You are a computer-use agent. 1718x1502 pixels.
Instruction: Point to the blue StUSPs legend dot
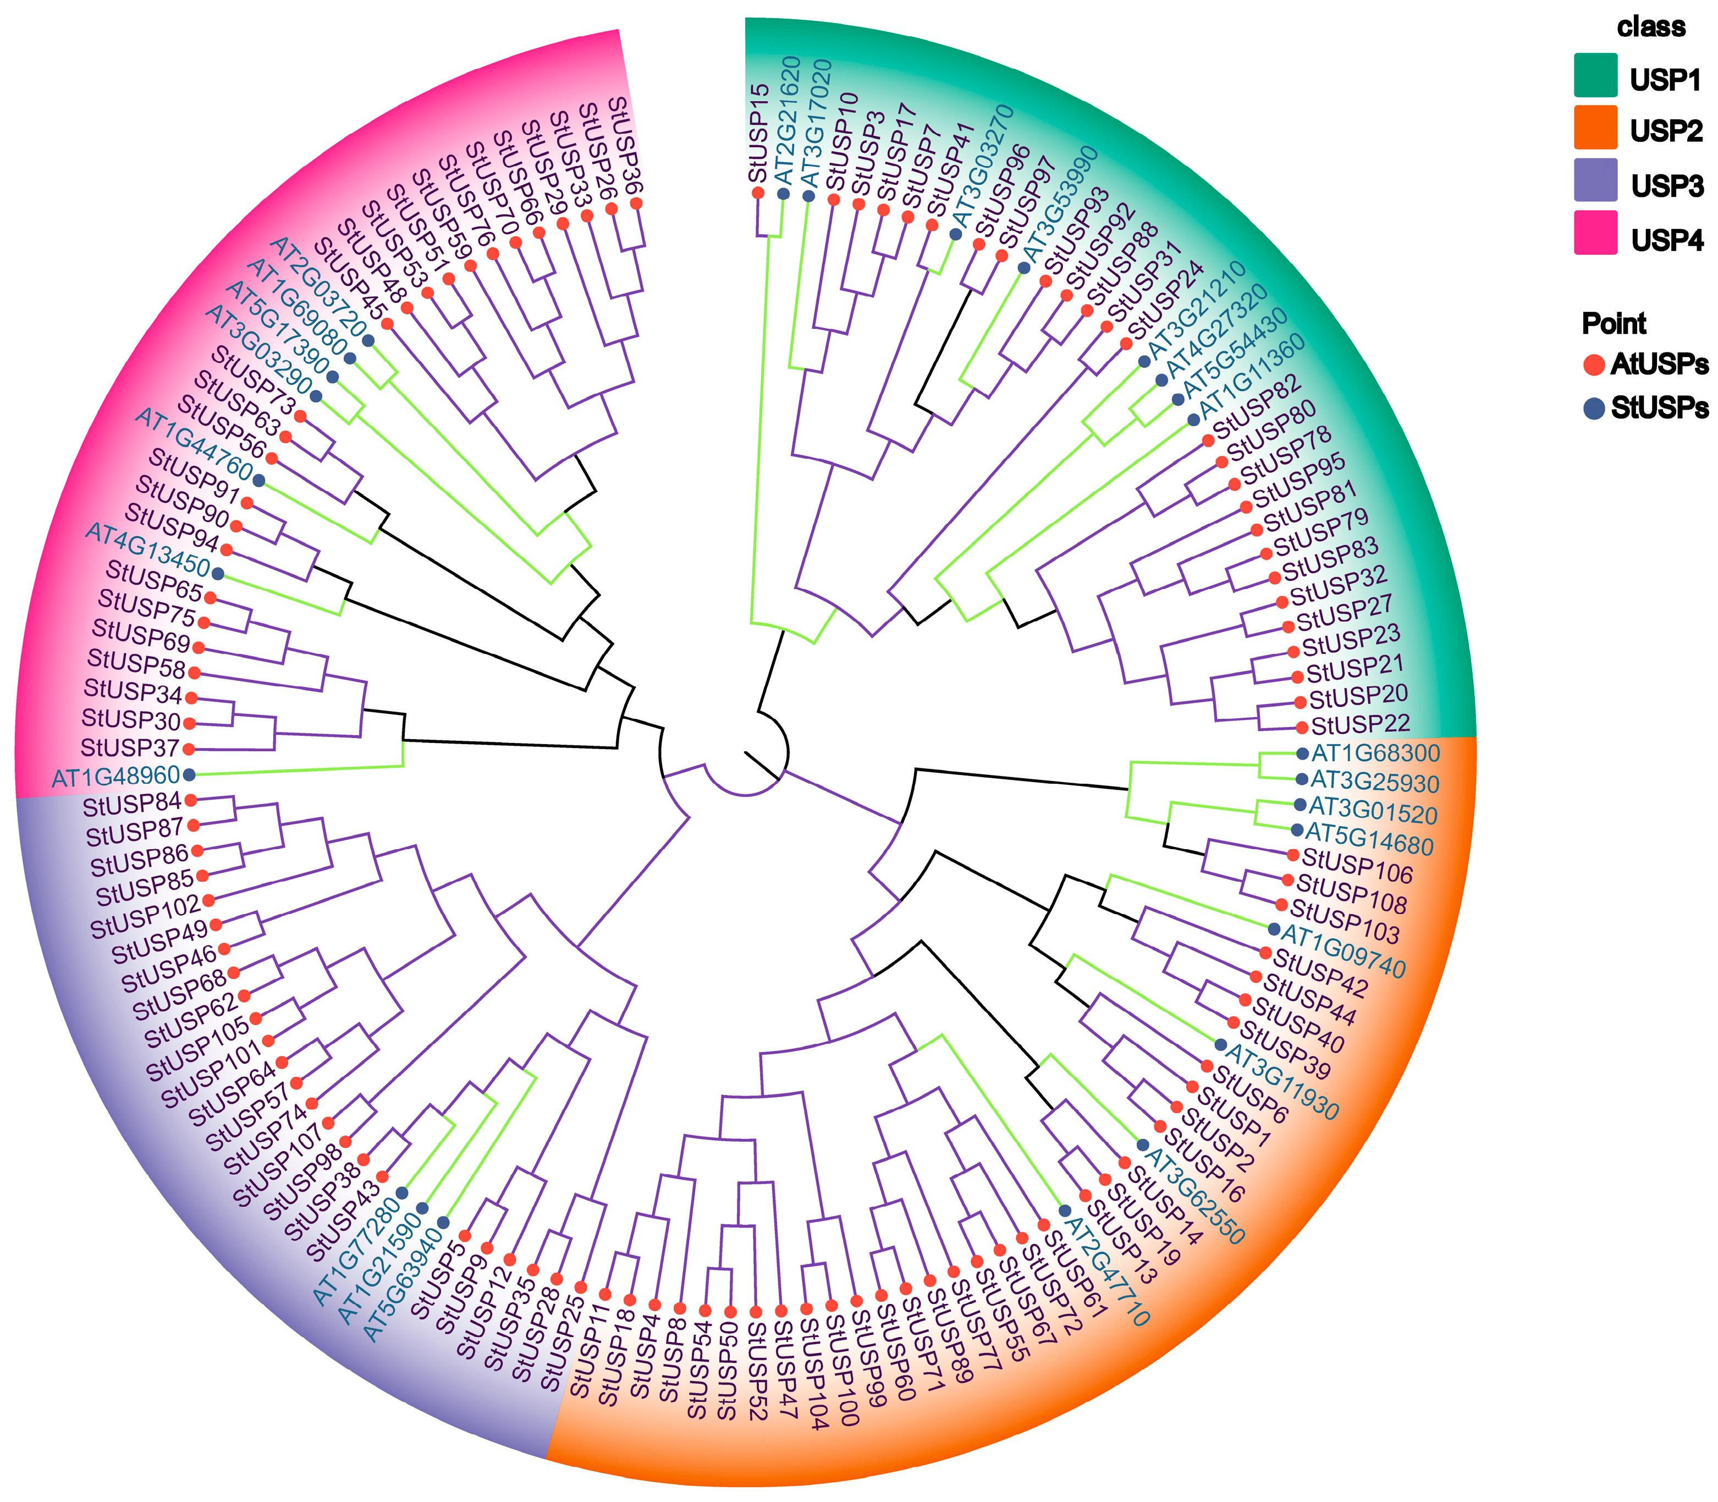coord(1593,408)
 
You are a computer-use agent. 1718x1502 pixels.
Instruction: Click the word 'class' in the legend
coord(1650,27)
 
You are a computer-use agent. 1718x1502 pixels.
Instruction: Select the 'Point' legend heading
coord(1614,323)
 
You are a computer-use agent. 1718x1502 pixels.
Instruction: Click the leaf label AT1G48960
coord(115,776)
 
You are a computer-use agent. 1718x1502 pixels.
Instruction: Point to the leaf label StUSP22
coord(1360,724)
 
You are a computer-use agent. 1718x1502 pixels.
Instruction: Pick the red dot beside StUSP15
coord(758,193)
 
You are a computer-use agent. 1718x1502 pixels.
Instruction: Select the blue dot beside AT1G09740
coord(1274,929)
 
